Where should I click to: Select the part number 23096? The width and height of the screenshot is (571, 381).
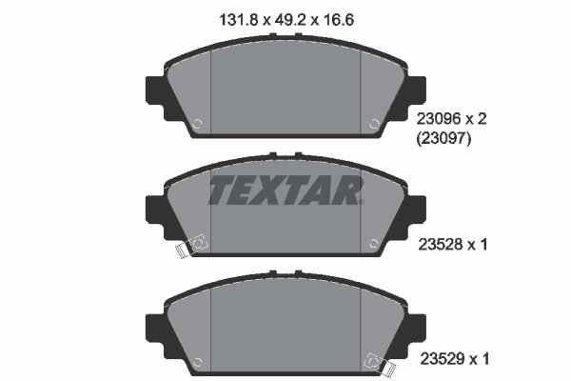point(436,119)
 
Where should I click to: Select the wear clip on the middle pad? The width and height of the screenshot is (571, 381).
point(192,246)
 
